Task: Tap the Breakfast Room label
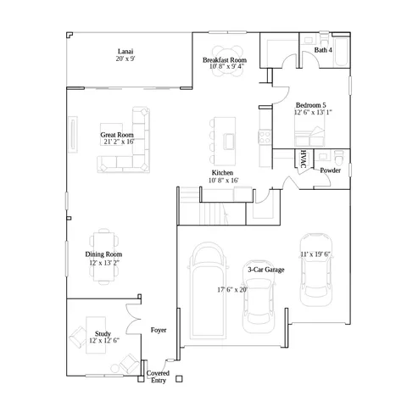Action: pyautogui.click(x=225, y=61)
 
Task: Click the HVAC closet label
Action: pyautogui.click(x=303, y=159)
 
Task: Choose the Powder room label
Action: pyautogui.click(x=331, y=170)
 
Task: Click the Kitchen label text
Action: pyautogui.click(x=223, y=172)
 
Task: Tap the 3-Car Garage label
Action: pyautogui.click(x=265, y=270)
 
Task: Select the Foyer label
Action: pyautogui.click(x=159, y=329)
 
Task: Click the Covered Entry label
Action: pyautogui.click(x=158, y=376)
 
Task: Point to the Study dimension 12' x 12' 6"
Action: pyautogui.click(x=103, y=341)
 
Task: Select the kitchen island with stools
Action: pyautogui.click(x=227, y=141)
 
